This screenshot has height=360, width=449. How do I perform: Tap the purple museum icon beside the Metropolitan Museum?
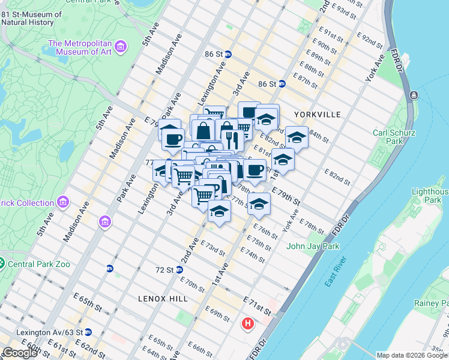[121, 47]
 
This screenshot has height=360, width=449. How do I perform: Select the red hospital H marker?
[247, 325]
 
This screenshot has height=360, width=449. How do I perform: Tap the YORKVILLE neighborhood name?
[318, 114]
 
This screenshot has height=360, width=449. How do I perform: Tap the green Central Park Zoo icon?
[2, 263]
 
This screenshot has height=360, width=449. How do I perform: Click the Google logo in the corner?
[20, 353]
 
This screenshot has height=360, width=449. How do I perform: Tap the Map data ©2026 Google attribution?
[412, 355]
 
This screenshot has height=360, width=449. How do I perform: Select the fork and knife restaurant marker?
[231, 140]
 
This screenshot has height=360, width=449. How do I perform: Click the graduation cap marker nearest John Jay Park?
[259, 203]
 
